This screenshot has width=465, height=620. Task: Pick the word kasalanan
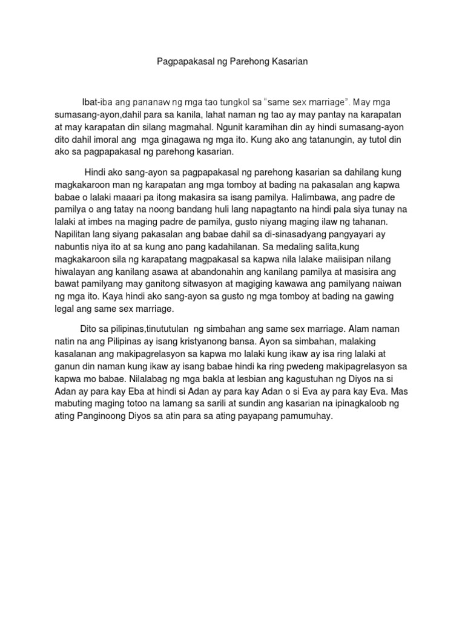(x=75, y=354)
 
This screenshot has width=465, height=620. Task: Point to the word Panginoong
(x=105, y=418)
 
